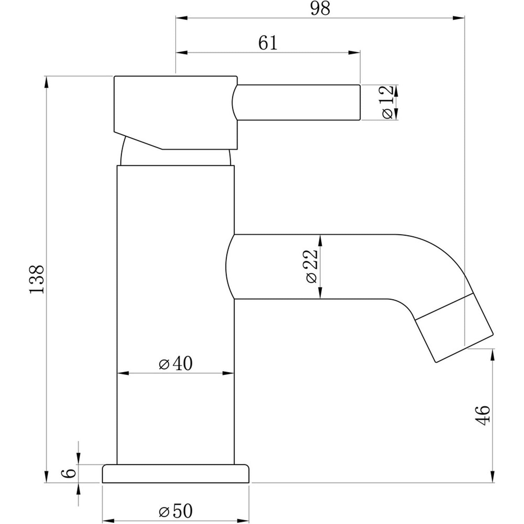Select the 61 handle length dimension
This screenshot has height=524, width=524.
point(268,43)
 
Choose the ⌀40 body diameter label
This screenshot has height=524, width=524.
point(175,364)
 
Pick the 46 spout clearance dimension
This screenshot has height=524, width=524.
point(484,415)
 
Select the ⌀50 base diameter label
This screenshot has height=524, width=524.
point(175,511)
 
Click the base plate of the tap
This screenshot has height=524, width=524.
point(176,474)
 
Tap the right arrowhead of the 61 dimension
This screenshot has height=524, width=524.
point(354,53)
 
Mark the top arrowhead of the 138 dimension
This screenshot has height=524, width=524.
point(46,82)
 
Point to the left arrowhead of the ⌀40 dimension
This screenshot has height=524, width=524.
point(123,373)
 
